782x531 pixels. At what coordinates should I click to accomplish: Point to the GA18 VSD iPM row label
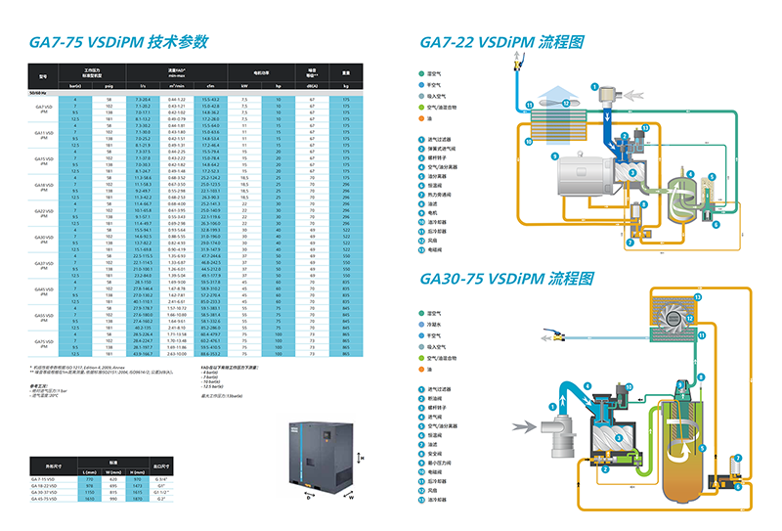(x=44, y=185)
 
